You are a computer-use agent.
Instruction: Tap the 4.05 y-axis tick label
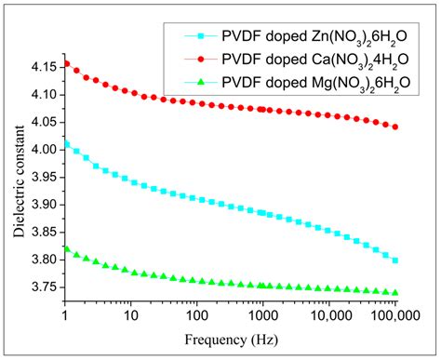(43, 122)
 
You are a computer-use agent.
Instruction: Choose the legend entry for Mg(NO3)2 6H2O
(306, 86)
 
